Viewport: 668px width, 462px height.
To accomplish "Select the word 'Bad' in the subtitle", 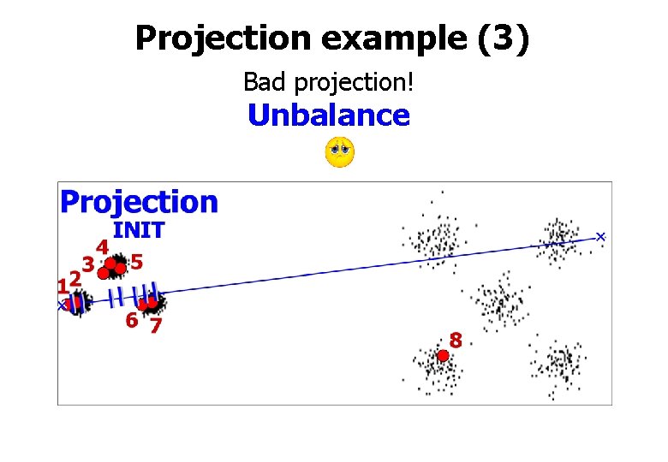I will (x=263, y=83).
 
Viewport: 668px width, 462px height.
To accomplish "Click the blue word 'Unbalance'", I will (x=329, y=115).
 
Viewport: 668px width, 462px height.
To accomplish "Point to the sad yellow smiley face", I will (x=340, y=152).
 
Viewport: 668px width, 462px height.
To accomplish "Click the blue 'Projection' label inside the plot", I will (x=139, y=202).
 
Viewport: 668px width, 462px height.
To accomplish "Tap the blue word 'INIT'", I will (x=139, y=229).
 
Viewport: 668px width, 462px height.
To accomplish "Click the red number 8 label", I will (x=456, y=341).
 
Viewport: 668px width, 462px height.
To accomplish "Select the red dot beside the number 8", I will (x=443, y=355).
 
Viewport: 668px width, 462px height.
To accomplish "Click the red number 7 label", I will (x=156, y=325).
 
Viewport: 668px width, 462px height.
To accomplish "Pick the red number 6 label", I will (x=131, y=322).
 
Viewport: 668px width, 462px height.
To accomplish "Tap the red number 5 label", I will (x=136, y=259).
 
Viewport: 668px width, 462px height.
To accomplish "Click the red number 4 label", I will (x=102, y=247).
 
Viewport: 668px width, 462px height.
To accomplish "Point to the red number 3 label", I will (x=87, y=264).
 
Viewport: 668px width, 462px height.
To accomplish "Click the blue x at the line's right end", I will (x=600, y=236).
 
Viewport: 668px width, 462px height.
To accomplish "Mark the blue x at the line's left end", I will (x=62, y=305).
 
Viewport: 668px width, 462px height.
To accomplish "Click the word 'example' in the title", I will (x=375, y=38).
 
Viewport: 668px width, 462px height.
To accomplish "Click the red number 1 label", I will (x=63, y=283).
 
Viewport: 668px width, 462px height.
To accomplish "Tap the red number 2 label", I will (x=75, y=278).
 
